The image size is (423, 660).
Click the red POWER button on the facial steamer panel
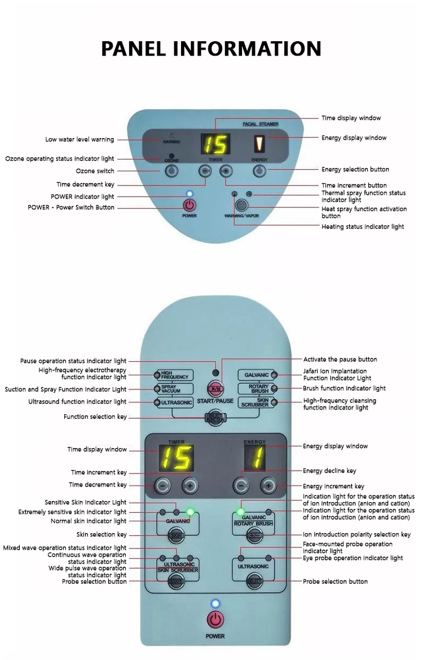click(190, 206)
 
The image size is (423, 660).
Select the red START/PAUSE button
click(215, 388)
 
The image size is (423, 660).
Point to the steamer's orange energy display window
click(260, 144)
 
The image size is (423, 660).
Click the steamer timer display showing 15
click(215, 145)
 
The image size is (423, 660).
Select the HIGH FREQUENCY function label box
click(174, 375)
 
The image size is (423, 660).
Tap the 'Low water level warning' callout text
click(80, 140)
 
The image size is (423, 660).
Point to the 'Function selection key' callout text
click(95, 417)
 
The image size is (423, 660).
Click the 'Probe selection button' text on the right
click(335, 581)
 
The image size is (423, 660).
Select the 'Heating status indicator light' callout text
click(363, 227)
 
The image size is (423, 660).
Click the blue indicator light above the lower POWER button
click(214, 604)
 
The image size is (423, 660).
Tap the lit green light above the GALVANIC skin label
click(190, 512)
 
